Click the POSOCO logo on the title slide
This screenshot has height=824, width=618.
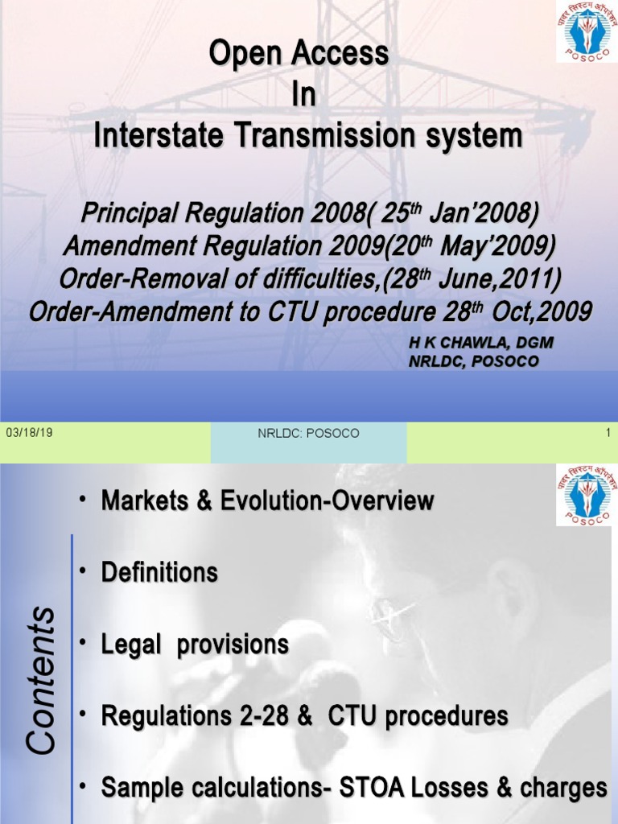point(586,31)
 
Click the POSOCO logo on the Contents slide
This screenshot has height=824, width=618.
point(586,495)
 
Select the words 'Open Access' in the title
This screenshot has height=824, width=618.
point(299,55)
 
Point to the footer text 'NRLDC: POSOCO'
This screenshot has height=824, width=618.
point(308,433)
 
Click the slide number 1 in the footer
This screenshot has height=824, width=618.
point(608,433)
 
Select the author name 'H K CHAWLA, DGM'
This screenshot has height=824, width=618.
point(481,342)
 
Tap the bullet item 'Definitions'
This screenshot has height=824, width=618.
point(159,573)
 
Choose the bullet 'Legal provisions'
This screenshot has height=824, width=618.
point(195,645)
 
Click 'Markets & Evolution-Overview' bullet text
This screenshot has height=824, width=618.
point(267,501)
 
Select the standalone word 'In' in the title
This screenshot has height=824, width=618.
point(303,96)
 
